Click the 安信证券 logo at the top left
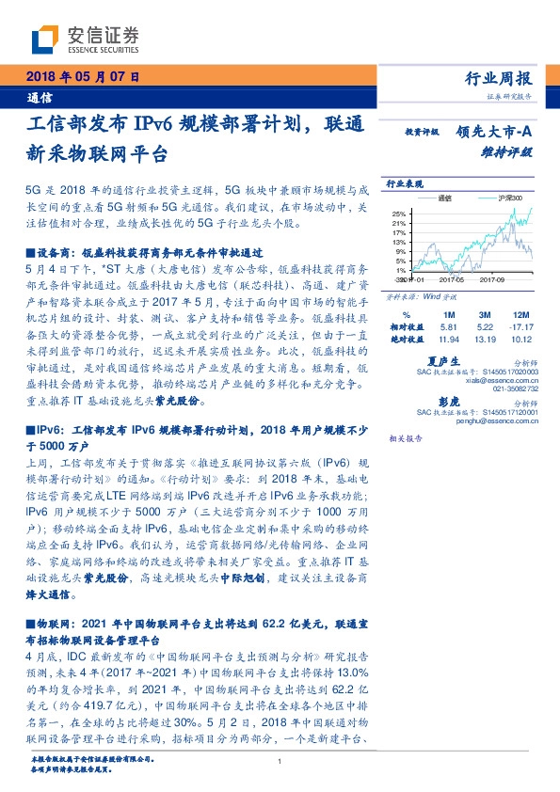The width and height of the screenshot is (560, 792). click(x=86, y=37)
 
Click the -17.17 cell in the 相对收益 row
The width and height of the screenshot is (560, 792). click(x=520, y=325)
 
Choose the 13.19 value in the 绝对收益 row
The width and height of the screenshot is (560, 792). click(x=487, y=337)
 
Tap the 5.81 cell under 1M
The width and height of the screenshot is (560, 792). click(x=449, y=325)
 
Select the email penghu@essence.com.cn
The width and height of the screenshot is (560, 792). click(x=500, y=422)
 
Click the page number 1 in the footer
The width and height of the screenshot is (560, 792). click(x=280, y=761)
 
